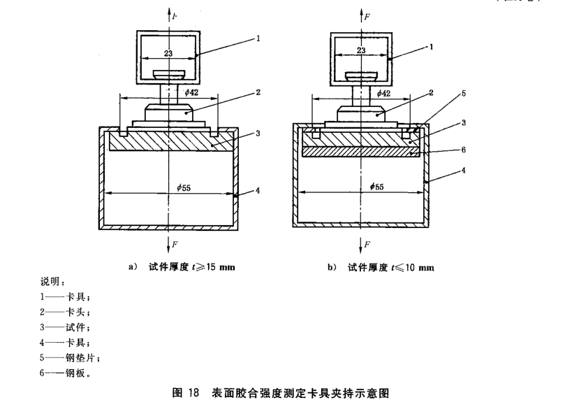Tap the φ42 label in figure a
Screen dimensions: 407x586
click(x=191, y=92)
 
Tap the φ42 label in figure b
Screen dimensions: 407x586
click(x=383, y=92)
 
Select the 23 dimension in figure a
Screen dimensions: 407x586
click(x=168, y=51)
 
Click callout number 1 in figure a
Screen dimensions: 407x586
click(x=258, y=39)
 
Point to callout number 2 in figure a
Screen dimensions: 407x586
click(x=258, y=92)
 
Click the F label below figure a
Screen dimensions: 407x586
click(x=175, y=244)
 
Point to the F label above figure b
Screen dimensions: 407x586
click(x=367, y=13)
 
